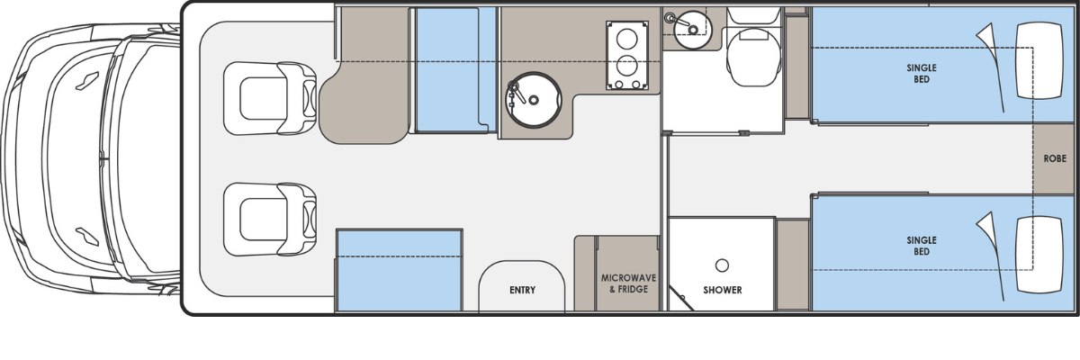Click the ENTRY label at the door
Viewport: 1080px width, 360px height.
tap(522, 290)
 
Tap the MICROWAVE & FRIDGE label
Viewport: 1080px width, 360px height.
tap(628, 283)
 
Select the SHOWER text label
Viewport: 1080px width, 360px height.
tap(722, 290)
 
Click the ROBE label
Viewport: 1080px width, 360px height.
tap(1055, 158)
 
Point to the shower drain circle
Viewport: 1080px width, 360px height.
tap(722, 265)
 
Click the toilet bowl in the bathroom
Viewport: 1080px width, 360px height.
tap(754, 57)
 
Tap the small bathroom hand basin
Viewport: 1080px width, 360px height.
tap(692, 30)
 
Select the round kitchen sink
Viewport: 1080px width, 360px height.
tap(533, 100)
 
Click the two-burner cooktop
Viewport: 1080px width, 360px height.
tap(626, 56)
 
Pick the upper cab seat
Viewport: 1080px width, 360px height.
tap(270, 98)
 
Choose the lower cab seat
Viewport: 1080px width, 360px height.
tap(270, 220)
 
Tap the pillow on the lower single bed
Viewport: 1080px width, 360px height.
tap(1039, 255)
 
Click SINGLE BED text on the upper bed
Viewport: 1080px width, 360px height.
tap(922, 73)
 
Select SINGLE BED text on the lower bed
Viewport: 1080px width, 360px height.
tap(922, 246)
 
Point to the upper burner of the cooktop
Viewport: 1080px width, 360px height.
tap(626, 39)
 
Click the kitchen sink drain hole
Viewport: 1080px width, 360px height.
tap(533, 100)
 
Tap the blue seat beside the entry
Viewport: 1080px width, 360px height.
tap(400, 270)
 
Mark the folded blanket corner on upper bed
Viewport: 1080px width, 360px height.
tap(987, 44)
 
